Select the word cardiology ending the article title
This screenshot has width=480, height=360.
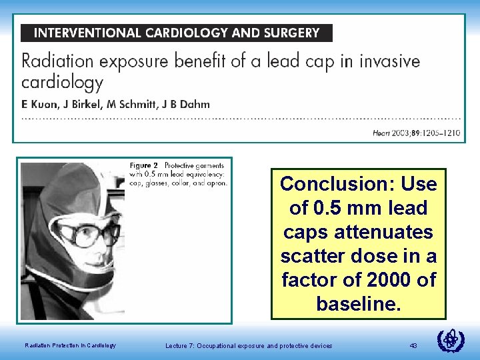(x=63, y=83)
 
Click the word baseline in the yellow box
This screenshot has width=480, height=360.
(x=358, y=304)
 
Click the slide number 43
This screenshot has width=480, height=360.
(x=413, y=345)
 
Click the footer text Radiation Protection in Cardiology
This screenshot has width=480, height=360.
(x=70, y=345)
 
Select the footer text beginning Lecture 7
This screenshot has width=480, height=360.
(x=249, y=345)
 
